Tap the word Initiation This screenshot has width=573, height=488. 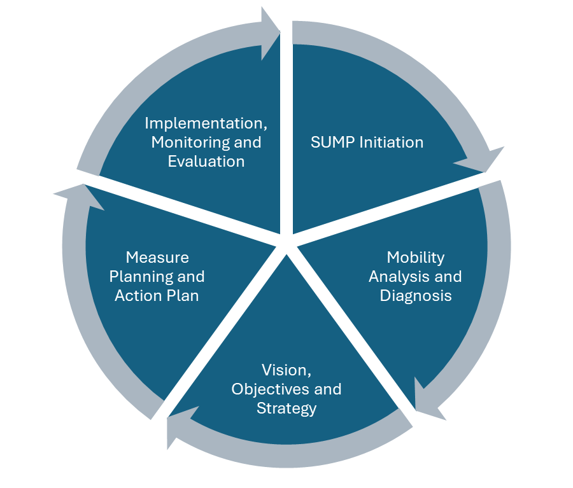391,142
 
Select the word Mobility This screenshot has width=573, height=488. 415,257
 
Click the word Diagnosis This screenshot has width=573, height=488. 415,295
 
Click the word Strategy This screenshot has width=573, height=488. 286,408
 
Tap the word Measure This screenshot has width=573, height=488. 157,257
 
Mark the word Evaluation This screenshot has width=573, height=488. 206,161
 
